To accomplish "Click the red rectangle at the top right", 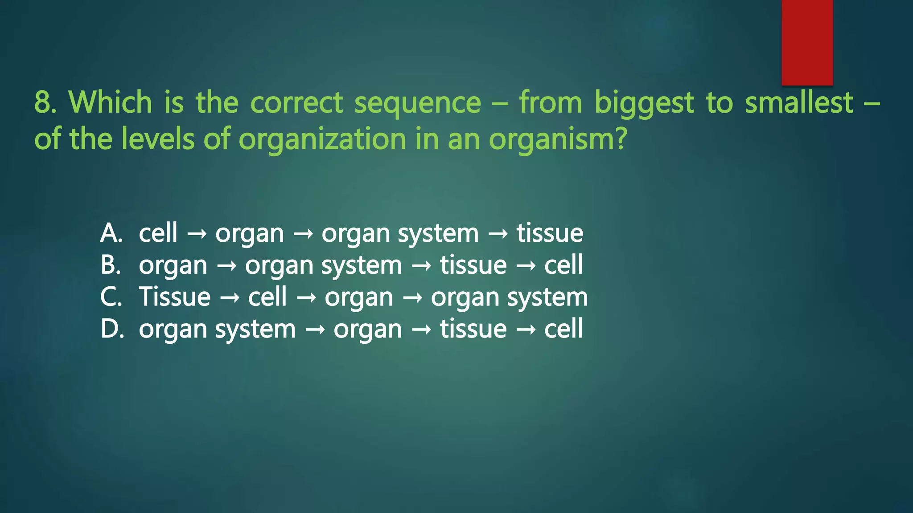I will pyautogui.click(x=807, y=42).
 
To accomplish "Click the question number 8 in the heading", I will pyautogui.click(x=43, y=102).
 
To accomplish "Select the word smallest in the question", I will pyautogui.click(x=799, y=102).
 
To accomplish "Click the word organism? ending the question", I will pyautogui.click(x=558, y=139).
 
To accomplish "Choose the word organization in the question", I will pyautogui.click(x=322, y=139).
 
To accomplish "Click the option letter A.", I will pyautogui.click(x=111, y=233).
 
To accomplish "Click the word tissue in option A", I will pyautogui.click(x=550, y=233).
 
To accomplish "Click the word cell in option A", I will pyautogui.click(x=158, y=233).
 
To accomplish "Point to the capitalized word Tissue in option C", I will pyautogui.click(x=174, y=297).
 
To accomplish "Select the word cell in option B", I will pyautogui.click(x=563, y=265).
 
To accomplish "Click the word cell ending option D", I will pyautogui.click(x=563, y=329).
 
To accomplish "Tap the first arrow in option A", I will pyautogui.click(x=197, y=234).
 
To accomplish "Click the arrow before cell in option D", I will pyautogui.click(x=526, y=330).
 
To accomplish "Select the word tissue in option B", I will pyautogui.click(x=473, y=265).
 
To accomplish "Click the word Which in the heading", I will pyautogui.click(x=110, y=102).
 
